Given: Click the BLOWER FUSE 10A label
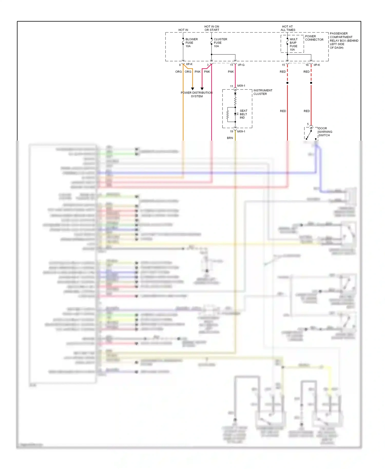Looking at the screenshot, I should [191, 43].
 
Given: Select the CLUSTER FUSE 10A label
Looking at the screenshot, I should [220, 43].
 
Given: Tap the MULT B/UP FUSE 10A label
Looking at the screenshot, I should [293, 44].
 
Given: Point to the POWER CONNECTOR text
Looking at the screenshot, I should [314, 38].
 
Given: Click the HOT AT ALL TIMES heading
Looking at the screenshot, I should [288, 28].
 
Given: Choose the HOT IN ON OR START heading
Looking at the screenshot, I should [212, 28].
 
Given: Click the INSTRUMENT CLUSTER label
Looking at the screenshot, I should [263, 92].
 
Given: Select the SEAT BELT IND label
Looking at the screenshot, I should [243, 114].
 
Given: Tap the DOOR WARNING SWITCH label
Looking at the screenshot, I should [325, 132].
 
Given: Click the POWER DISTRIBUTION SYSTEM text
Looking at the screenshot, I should [197, 94].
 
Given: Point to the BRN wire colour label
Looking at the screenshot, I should [230, 138].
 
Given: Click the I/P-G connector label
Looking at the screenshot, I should [241, 65].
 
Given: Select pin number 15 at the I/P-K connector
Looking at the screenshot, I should [283, 65].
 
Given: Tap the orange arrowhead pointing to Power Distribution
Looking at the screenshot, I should [192, 89].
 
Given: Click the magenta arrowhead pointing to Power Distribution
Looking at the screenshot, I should [202, 89].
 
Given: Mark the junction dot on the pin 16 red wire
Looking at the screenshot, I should [311, 83].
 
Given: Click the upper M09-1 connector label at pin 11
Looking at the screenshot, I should [241, 86].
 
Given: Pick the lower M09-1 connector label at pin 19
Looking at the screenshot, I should [241, 131].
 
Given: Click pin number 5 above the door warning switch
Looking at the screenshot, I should [308, 124].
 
